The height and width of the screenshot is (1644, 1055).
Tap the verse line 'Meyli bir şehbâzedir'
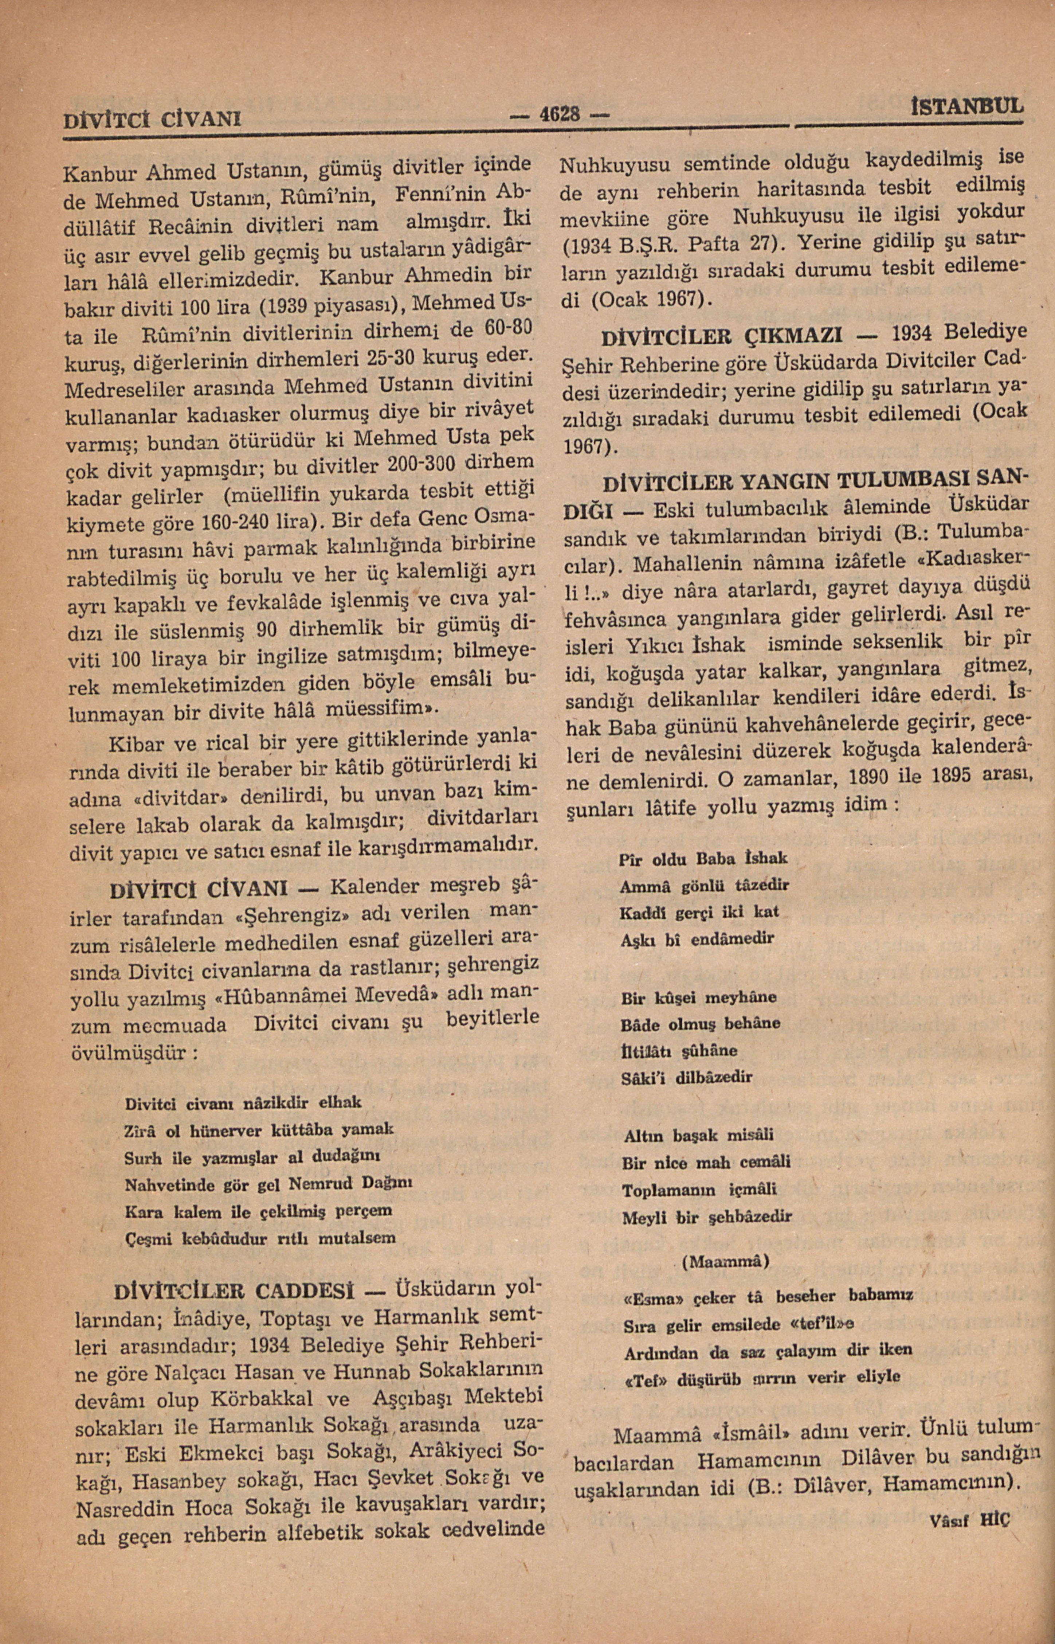pyautogui.click(x=706, y=1217)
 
